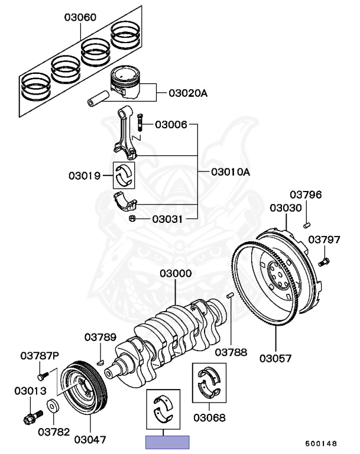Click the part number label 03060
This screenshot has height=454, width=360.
pyautogui.click(x=80, y=18)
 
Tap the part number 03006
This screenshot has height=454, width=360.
pyautogui.click(x=171, y=125)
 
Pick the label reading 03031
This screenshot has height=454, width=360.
pyautogui.click(x=167, y=219)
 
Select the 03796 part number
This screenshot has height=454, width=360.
pyautogui.click(x=306, y=194)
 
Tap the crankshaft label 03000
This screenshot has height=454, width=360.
pyautogui.click(x=176, y=274)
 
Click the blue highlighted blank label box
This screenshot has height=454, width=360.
pyautogui.click(x=167, y=442)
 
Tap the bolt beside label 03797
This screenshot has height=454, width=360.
pyautogui.click(x=324, y=261)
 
